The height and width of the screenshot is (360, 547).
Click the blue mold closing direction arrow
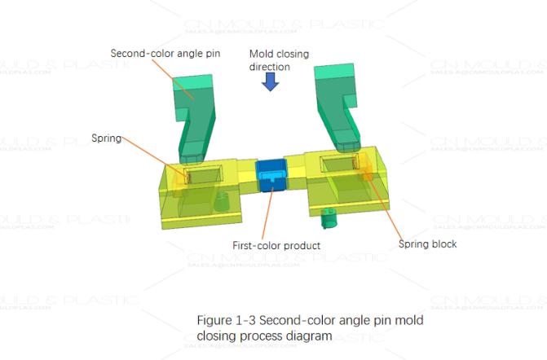click(271, 81)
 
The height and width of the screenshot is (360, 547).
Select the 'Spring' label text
click(106, 138)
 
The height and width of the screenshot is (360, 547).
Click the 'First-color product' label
click(276, 245)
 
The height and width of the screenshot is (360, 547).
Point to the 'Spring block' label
click(427, 244)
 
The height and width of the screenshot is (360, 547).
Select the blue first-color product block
click(272, 174)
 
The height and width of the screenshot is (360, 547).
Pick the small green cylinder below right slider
click(329, 217)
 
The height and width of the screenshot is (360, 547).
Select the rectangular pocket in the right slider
click(337, 165)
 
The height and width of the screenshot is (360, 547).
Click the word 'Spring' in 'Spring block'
click(412, 244)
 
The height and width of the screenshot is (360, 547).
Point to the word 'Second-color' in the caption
click(285, 320)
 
